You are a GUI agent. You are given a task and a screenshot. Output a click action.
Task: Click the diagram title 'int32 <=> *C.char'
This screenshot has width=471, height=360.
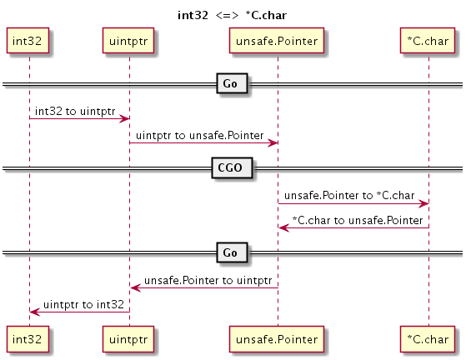tap(235, 14)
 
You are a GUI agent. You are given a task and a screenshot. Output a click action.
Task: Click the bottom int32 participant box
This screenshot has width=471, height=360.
tap(29, 337)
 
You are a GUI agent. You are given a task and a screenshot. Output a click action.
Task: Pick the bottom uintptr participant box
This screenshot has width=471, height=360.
tap(128, 337)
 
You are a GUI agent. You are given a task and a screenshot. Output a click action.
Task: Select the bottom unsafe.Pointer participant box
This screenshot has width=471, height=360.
tap(277, 337)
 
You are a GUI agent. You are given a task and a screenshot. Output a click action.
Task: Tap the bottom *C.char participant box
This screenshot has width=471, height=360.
tap(428, 337)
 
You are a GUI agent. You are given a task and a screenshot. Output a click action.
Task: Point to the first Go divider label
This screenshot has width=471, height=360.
tap(232, 83)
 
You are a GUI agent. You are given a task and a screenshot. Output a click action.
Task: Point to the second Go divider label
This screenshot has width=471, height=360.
tap(232, 252)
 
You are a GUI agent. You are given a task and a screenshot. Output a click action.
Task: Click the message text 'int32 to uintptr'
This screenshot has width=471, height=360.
tap(74, 110)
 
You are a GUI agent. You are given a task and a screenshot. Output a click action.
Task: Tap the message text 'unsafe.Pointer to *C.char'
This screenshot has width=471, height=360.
tap(348, 195)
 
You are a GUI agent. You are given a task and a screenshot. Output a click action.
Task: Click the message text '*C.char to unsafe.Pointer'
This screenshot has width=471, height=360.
tap(357, 219)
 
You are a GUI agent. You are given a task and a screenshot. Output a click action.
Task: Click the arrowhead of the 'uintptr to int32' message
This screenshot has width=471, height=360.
tap(33, 312)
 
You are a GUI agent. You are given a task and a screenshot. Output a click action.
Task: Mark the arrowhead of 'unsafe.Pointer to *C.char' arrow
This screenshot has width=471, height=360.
tap(424, 203)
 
